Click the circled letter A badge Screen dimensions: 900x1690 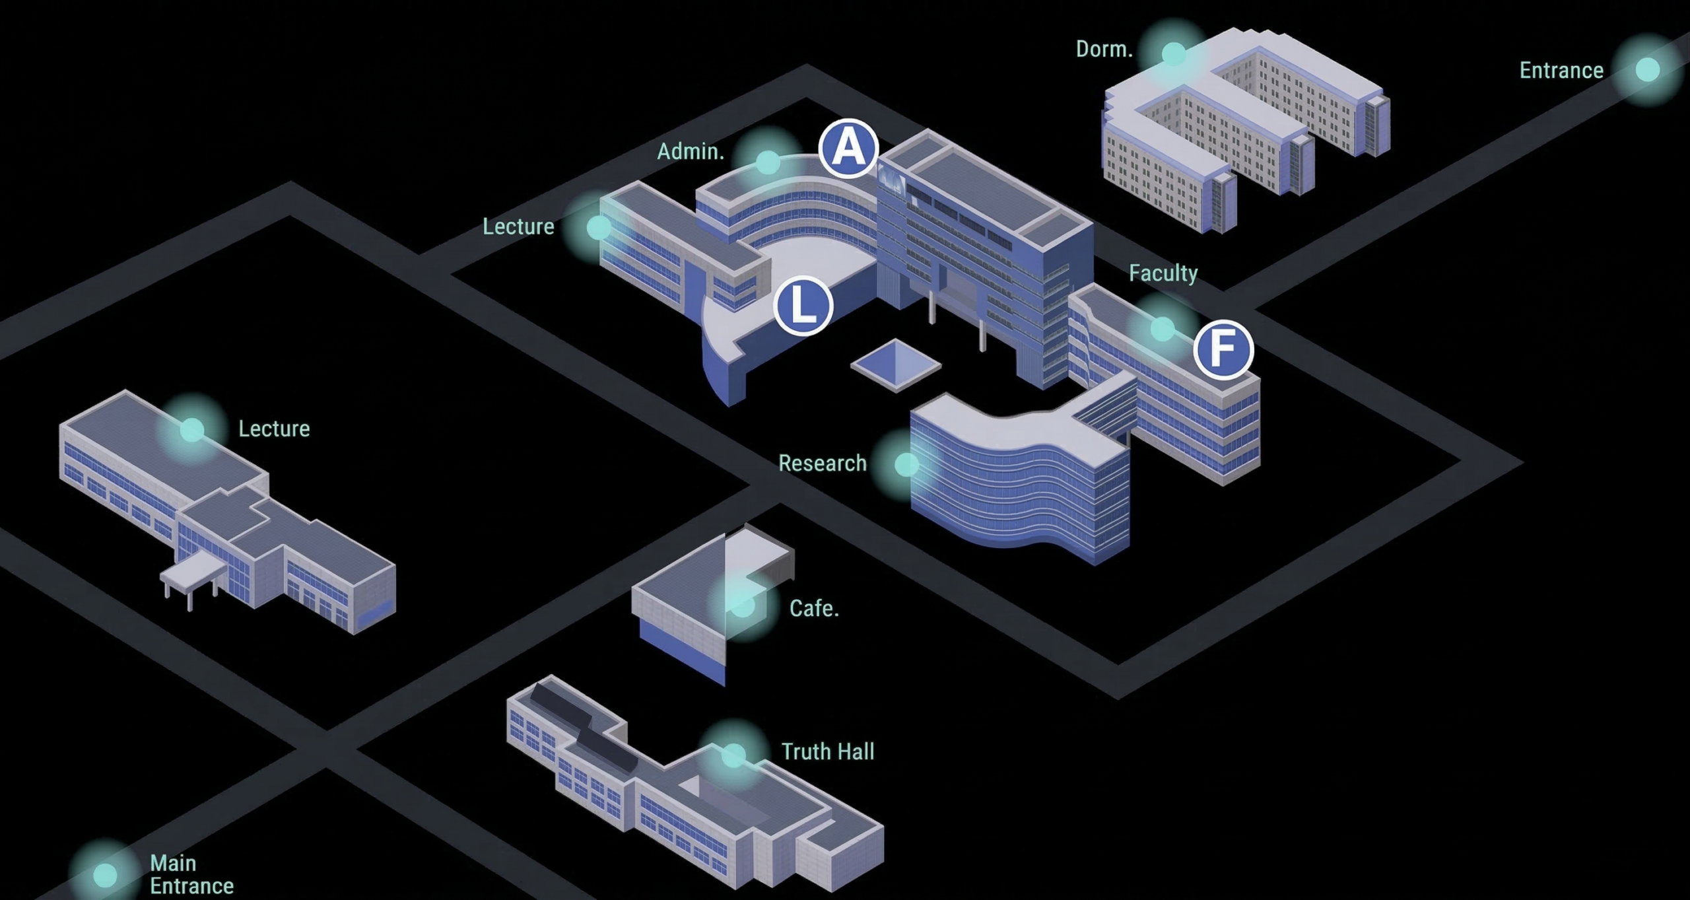848,149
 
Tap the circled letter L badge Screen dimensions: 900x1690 803,306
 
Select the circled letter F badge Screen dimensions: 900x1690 1223,349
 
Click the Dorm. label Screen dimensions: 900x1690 1104,50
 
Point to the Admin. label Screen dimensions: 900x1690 690,152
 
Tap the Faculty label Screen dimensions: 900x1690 1163,273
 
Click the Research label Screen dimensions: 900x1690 822,464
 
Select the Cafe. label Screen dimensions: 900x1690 814,608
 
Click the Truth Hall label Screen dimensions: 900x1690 828,751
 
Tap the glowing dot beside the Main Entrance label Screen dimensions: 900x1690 105,875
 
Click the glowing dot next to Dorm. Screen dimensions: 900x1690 1173,53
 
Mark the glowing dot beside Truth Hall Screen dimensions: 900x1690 733,755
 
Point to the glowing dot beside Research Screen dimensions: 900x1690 906,464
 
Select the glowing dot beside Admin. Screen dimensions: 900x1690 767,162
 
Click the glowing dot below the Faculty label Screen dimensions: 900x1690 1163,328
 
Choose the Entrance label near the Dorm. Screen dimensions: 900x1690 1561,71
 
